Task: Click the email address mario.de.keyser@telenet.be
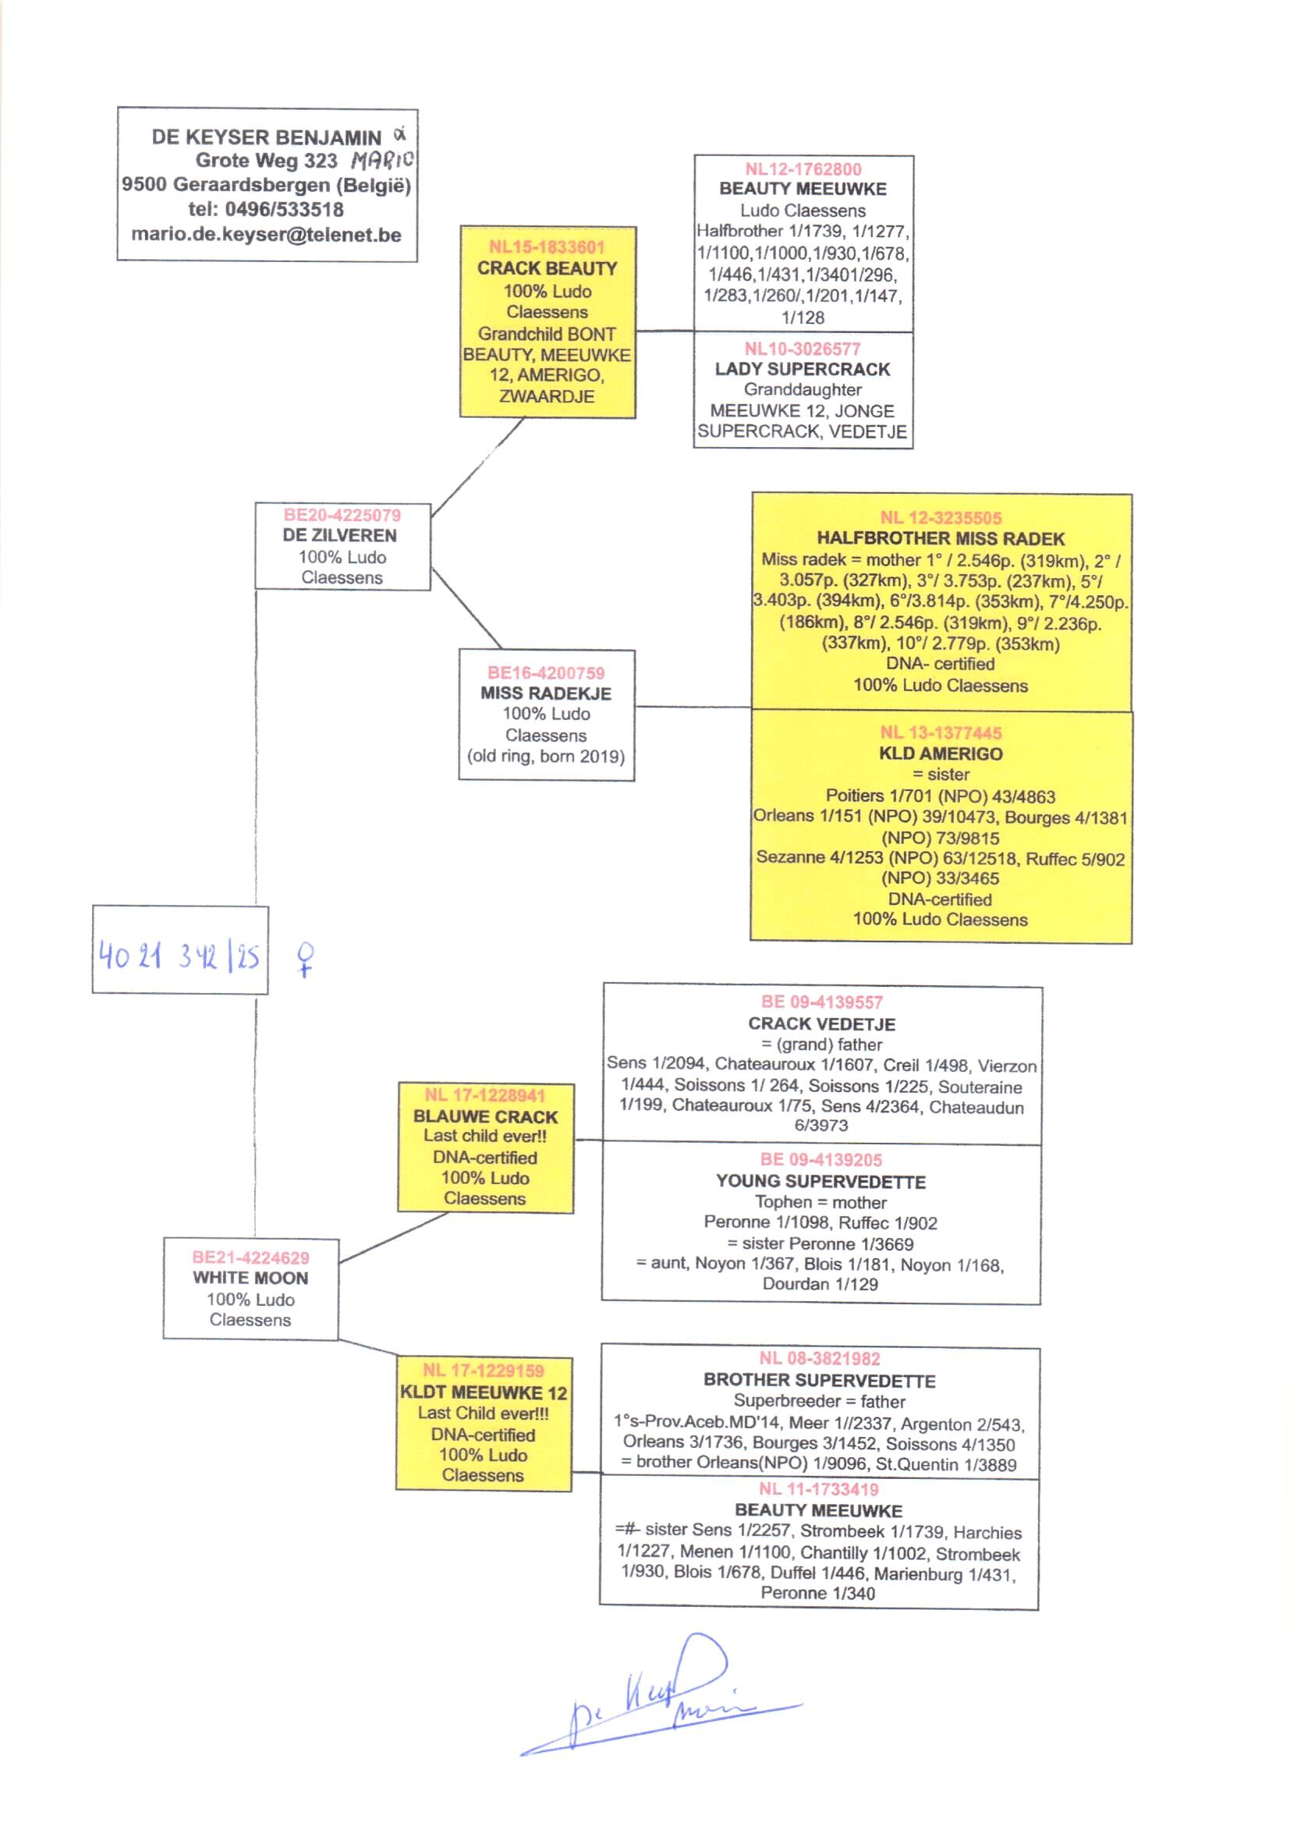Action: click(x=266, y=235)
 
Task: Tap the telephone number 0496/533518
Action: click(x=285, y=210)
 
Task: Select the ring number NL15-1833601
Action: click(x=547, y=247)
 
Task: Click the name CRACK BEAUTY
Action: click(x=547, y=268)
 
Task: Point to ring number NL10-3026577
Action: click(x=803, y=349)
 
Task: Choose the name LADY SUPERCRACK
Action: click(x=803, y=370)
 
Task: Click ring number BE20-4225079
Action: click(x=342, y=515)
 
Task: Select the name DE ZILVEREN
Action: click(x=340, y=535)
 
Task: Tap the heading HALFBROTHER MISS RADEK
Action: click(x=941, y=538)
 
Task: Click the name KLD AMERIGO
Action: click(x=941, y=754)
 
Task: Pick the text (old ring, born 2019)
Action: click(x=546, y=756)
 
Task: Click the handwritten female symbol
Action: click(x=305, y=959)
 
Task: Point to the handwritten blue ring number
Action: click(x=179, y=956)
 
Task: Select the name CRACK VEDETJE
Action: click(x=821, y=1024)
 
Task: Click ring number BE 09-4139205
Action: click(x=821, y=1160)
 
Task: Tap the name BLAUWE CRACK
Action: click(x=485, y=1116)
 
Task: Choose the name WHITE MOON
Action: click(x=250, y=1278)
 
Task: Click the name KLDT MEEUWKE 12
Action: click(x=484, y=1392)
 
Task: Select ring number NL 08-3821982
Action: click(x=820, y=1358)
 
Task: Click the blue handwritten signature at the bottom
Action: click(x=659, y=1700)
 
